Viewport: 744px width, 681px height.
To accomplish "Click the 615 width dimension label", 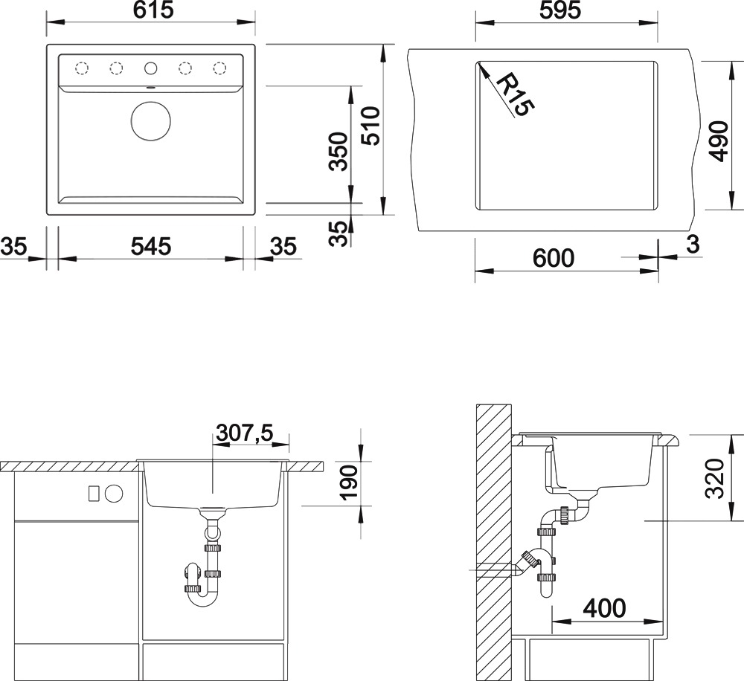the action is (x=153, y=10).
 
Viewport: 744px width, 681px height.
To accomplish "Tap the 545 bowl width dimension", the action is (x=150, y=247).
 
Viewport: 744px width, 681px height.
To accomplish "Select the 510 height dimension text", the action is (x=371, y=126).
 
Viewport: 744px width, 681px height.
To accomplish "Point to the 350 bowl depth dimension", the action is (x=339, y=152).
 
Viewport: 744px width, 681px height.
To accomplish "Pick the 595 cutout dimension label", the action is (x=560, y=10).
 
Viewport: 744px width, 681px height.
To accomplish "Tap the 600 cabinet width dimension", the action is (x=554, y=258).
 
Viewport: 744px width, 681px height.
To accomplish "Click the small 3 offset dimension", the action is (x=693, y=245).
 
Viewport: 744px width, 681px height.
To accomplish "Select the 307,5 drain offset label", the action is (x=244, y=433).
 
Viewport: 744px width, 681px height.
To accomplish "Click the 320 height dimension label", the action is (x=715, y=478).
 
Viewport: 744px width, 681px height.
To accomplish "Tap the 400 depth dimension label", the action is (x=604, y=608).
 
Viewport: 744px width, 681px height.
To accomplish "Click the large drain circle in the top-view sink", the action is (x=150, y=121).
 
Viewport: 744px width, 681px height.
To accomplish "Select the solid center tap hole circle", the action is (x=150, y=68).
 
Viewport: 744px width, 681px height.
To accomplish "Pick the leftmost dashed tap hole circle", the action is (x=82, y=68).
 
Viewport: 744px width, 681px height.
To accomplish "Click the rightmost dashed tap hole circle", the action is (x=219, y=68).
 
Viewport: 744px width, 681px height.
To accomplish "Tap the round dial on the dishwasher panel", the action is (x=114, y=494).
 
